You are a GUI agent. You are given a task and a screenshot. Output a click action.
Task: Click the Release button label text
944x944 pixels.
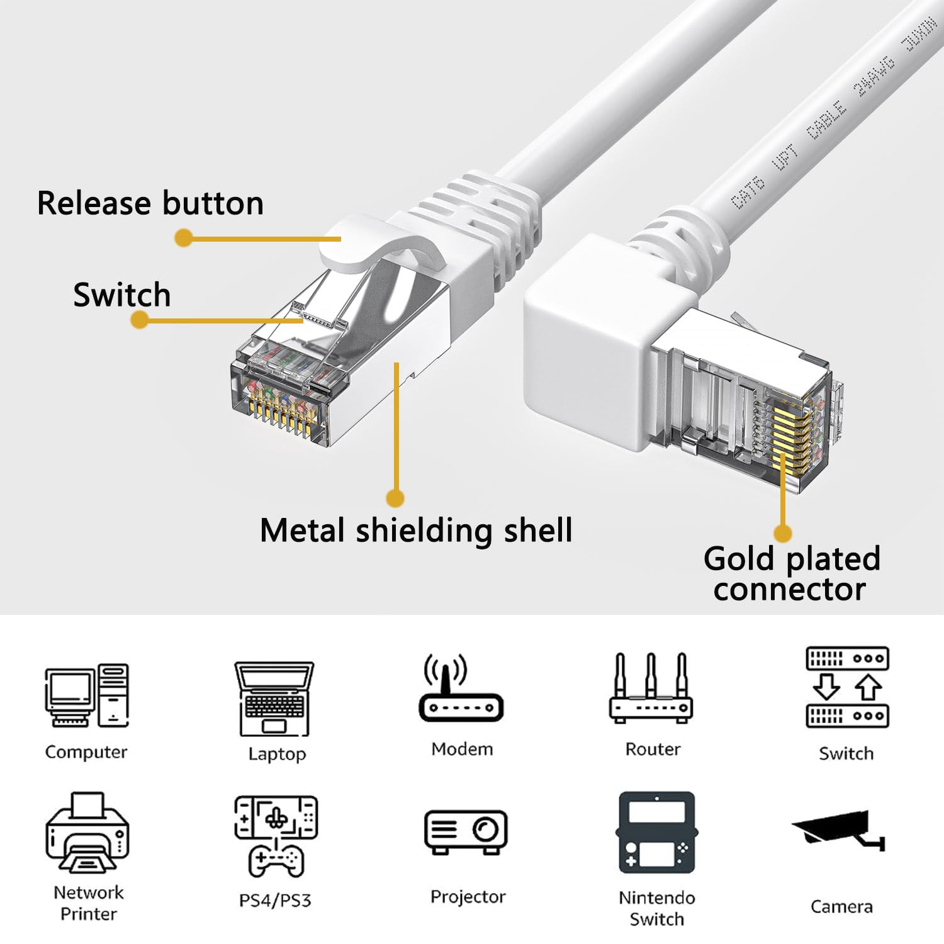(150, 203)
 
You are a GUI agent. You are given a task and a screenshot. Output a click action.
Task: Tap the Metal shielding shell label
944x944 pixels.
(416, 530)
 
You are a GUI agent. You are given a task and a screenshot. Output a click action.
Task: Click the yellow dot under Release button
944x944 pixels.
(183, 238)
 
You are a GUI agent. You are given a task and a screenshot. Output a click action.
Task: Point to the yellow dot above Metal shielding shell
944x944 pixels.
(395, 498)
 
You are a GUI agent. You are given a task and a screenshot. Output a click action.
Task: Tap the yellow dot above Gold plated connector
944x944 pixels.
(782, 533)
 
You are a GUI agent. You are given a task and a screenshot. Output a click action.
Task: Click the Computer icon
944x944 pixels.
(87, 696)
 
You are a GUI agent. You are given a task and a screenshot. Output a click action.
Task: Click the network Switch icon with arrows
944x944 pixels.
(847, 687)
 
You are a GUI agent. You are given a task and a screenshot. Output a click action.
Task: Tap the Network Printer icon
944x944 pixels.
(87, 833)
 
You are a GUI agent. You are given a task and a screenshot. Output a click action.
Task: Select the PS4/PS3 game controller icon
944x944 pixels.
(276, 836)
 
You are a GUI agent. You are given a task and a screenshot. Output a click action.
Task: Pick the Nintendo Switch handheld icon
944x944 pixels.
(656, 832)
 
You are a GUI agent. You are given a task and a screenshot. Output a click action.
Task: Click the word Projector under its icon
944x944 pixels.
(468, 897)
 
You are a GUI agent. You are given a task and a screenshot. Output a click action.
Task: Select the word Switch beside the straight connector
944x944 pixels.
(121, 295)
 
